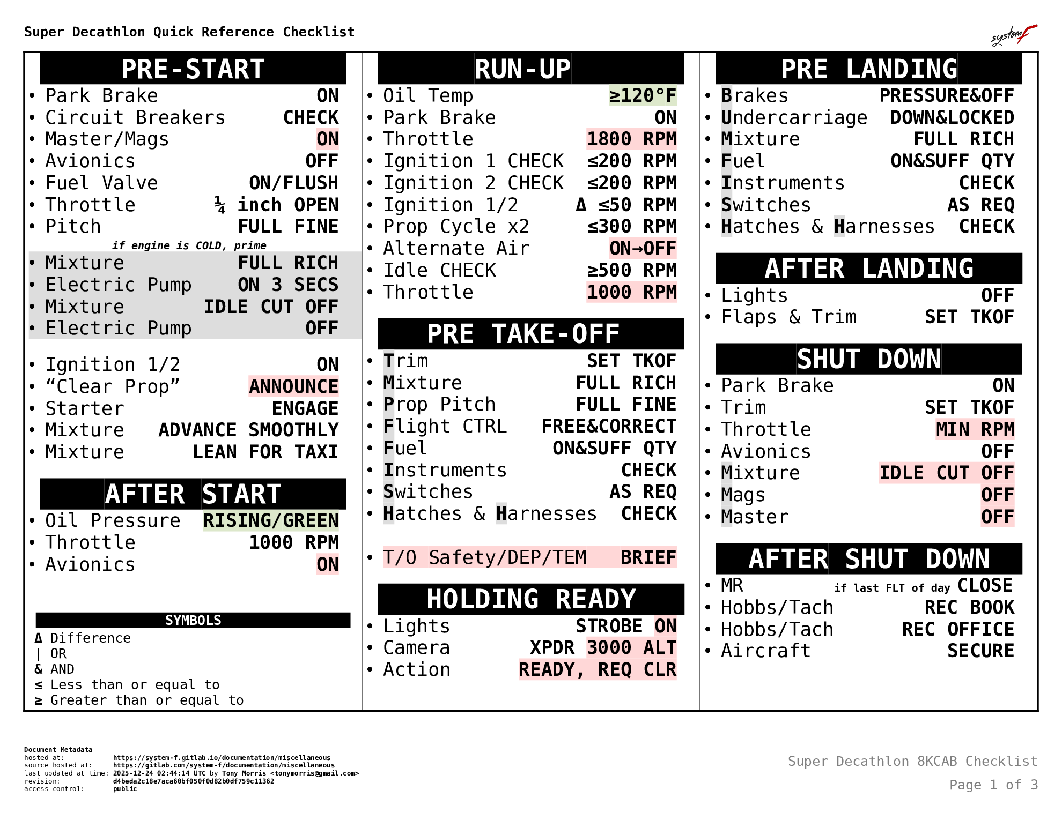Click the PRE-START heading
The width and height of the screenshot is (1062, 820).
193,70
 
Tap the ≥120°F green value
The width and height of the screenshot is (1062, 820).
643,95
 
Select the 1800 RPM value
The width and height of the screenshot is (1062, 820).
631,139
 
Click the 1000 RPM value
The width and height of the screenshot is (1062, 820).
631,292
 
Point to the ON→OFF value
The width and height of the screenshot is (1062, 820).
643,248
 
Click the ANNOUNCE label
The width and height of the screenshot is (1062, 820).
293,386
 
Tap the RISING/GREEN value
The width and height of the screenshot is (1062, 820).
271,520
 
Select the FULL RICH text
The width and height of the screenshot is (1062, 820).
288,263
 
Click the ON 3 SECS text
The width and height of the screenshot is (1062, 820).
288,285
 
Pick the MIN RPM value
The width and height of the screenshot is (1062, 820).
975,429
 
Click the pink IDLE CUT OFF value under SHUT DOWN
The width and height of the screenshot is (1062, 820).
946,473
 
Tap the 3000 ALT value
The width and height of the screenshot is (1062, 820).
631,647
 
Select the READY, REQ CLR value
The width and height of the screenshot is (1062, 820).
598,669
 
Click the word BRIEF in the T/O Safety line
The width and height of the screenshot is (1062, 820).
648,557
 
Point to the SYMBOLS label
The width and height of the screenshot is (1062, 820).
193,620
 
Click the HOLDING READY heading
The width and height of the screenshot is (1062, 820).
531,599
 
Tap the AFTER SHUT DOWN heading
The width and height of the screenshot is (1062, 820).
869,559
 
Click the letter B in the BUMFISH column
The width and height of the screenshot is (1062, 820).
726,95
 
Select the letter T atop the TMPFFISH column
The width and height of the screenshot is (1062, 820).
388,361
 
